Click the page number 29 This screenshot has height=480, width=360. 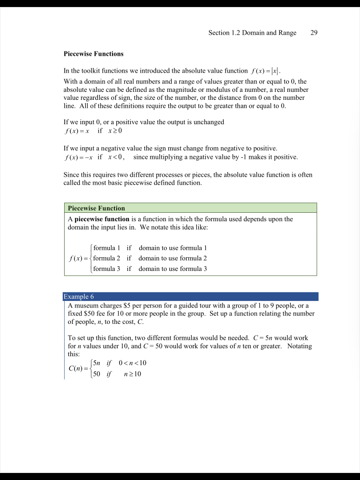click(314, 33)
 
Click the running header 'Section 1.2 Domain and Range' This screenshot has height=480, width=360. click(252, 33)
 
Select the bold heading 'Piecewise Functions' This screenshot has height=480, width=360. click(93, 54)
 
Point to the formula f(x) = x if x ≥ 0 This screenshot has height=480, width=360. click(92, 131)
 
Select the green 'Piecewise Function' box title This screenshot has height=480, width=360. click(97, 208)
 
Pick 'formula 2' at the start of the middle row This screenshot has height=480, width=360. click(107, 258)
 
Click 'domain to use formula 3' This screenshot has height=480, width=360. click(172, 269)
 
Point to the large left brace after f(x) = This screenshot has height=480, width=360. click(90, 258)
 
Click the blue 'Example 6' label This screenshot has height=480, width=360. click(79, 297)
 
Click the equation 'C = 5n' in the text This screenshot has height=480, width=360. click(264, 338)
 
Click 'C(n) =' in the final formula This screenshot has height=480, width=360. click(78, 368)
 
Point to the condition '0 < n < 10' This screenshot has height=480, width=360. click(133, 363)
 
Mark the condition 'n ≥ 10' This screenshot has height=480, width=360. click(133, 374)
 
